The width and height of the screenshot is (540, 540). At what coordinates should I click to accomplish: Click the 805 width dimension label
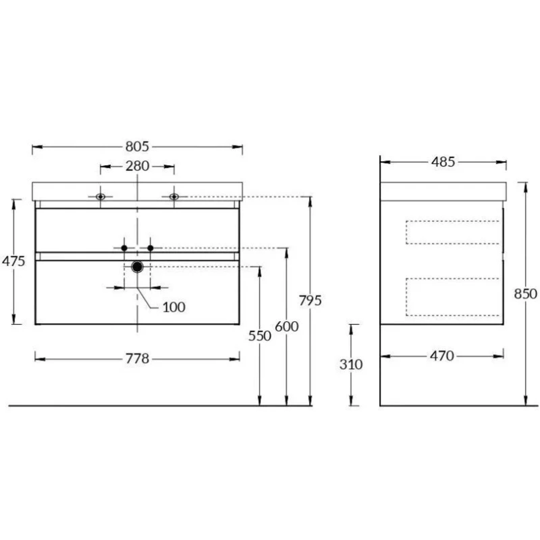click(137, 147)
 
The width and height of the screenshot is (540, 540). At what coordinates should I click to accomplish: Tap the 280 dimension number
click(137, 167)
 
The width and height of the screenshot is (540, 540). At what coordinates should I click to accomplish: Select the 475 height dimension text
click(14, 261)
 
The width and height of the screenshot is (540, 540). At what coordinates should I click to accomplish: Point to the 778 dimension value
click(137, 359)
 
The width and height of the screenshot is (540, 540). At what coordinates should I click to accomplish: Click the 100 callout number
click(174, 307)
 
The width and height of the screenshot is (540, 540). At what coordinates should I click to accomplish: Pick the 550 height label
click(260, 336)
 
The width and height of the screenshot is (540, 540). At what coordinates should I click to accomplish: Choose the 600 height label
click(286, 326)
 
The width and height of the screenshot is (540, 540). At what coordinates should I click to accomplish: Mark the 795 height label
click(310, 301)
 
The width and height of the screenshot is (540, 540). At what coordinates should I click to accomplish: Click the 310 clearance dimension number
click(351, 364)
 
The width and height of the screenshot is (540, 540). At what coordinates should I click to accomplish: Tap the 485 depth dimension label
click(443, 162)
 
